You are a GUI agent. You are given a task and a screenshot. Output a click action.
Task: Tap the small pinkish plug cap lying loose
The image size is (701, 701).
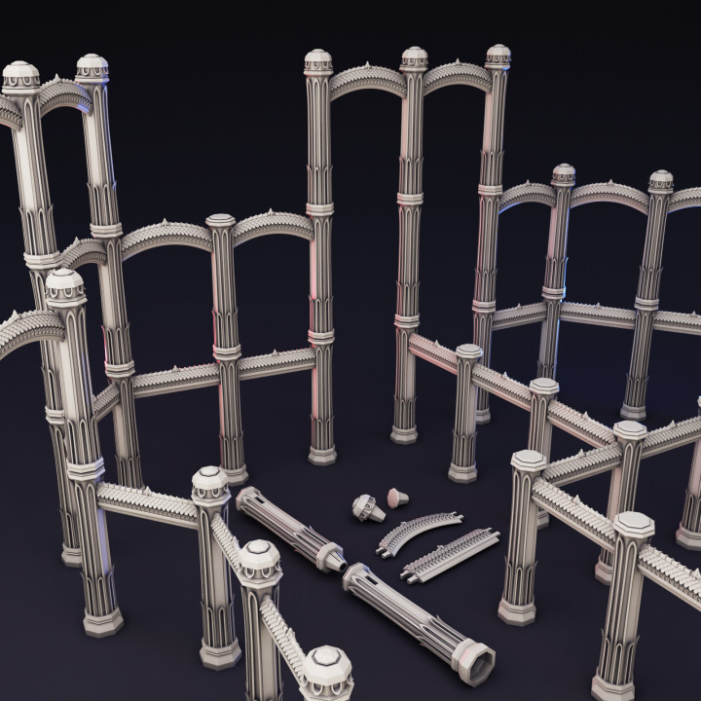[396, 497]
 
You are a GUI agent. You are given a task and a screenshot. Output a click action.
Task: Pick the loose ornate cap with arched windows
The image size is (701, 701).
[365, 506]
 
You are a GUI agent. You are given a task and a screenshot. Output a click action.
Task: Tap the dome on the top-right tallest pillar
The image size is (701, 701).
[498, 55]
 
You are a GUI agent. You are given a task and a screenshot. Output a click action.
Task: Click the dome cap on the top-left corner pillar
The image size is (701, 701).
[20, 75]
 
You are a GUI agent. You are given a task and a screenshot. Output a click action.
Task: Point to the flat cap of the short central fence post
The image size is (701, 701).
[468, 351]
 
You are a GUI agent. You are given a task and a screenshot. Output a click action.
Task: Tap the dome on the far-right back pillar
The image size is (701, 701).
[661, 180]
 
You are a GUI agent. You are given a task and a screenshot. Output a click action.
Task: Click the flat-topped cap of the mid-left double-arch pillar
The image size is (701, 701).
[221, 222]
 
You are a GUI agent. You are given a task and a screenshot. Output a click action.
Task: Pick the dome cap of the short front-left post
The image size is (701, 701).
[210, 481]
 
